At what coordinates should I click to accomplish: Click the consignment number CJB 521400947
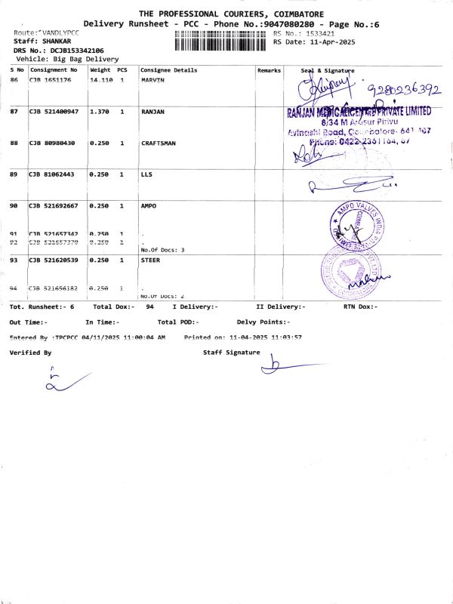(x=54, y=112)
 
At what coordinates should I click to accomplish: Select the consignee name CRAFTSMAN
(x=160, y=143)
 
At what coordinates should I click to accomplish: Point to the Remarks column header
(x=269, y=70)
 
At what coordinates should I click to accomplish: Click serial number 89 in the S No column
(x=14, y=174)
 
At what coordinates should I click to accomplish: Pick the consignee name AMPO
(x=149, y=206)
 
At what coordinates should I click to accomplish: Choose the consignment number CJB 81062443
(x=51, y=174)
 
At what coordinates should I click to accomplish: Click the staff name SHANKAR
(x=56, y=42)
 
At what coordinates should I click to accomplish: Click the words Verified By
(x=30, y=353)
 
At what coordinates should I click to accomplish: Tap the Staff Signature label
(x=231, y=353)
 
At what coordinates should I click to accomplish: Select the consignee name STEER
(x=150, y=260)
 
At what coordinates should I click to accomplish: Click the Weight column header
(x=100, y=70)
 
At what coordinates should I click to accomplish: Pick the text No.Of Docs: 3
(x=162, y=249)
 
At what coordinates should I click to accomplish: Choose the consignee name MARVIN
(x=153, y=79)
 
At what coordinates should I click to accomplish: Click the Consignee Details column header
(x=169, y=70)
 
